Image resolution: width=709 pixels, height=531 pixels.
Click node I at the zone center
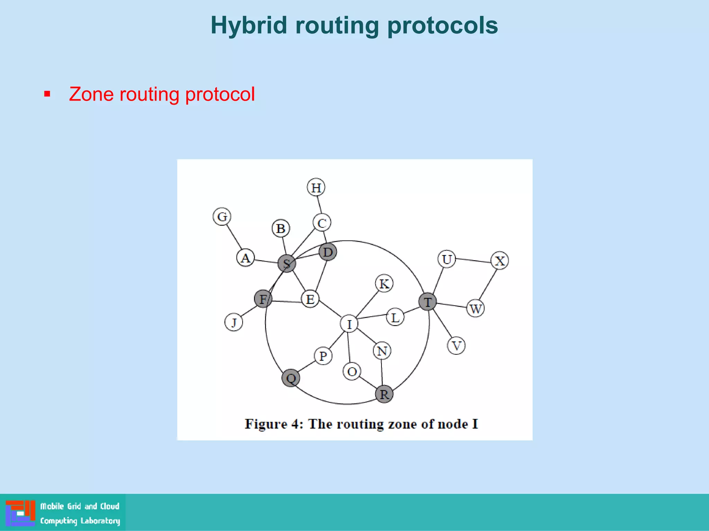[x=349, y=324]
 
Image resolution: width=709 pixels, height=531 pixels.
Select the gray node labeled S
[x=287, y=263]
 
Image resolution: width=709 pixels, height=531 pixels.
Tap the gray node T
[x=428, y=301]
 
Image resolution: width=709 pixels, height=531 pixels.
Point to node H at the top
[x=316, y=187]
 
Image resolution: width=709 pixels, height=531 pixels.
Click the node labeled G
[x=222, y=217]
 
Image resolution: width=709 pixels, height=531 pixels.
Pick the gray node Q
[x=291, y=378]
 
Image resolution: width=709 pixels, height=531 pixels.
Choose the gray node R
[x=384, y=394]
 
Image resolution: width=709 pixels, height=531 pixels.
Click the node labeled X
[x=500, y=260]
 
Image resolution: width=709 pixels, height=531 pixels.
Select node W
[x=475, y=308]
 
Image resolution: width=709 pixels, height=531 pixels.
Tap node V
[x=456, y=345]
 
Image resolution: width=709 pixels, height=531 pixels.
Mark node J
[x=234, y=323]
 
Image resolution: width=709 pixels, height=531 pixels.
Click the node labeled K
[x=384, y=283]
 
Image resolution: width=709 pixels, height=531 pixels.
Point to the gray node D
[x=327, y=252]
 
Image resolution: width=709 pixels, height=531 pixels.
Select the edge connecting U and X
[x=473, y=260]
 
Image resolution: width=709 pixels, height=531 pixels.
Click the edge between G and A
[x=234, y=237]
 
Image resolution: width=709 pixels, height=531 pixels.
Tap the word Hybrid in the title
[x=249, y=26]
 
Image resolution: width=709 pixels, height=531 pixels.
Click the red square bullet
[x=47, y=94]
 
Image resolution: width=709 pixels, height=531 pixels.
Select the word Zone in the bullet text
[x=91, y=94]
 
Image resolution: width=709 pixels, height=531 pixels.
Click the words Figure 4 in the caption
[x=274, y=424]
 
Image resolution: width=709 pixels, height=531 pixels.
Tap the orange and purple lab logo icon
[x=20, y=513]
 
